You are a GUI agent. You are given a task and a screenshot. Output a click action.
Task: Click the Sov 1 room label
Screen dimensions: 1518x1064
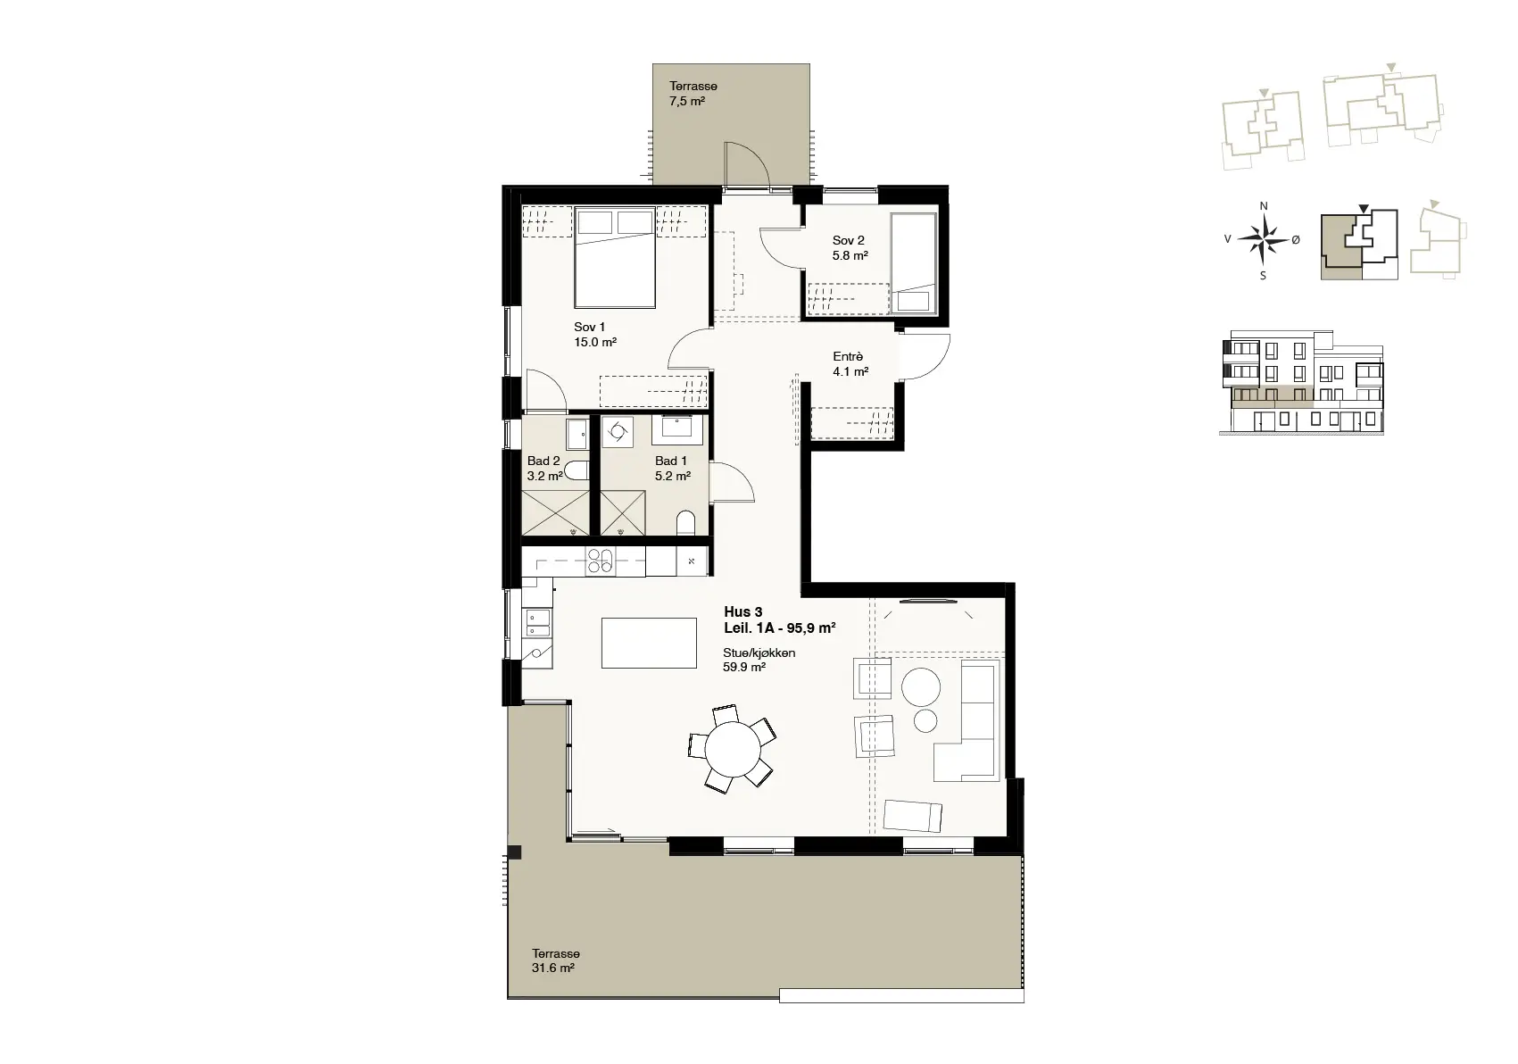pos(589,328)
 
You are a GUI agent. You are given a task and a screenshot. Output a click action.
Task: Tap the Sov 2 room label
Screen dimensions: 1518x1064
pos(849,241)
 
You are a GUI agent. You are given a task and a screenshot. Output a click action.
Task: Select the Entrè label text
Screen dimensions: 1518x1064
pos(848,356)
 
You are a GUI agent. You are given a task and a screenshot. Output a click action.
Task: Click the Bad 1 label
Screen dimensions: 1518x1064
pos(671,461)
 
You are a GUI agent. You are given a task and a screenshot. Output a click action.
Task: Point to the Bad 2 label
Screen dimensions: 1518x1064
pos(543,461)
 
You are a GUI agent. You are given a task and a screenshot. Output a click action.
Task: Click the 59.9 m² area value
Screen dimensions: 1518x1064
pos(744,668)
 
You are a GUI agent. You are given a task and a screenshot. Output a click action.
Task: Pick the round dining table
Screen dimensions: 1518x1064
pos(733,750)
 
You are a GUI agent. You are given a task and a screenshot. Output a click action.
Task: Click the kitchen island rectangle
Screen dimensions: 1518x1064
pos(649,643)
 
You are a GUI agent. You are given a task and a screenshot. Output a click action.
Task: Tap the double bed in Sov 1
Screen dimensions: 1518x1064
pos(615,258)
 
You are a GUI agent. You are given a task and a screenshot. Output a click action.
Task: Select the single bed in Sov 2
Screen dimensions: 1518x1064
pos(914,263)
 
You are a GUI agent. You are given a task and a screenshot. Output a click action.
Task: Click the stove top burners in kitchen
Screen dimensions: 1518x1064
pos(600,561)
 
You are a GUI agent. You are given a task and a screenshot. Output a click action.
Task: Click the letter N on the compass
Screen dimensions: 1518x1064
pos(1263,206)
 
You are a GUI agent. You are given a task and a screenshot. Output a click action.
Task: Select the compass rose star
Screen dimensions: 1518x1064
pos(1263,239)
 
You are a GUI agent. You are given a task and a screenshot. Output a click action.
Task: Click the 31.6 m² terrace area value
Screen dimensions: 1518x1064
pos(553,968)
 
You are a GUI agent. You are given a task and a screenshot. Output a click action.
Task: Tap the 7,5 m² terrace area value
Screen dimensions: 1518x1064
pos(687,102)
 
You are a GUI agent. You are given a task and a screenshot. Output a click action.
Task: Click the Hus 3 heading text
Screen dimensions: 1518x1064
pos(742,612)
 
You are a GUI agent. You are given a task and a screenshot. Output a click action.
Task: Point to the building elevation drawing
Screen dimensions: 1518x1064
pos(1301,382)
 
